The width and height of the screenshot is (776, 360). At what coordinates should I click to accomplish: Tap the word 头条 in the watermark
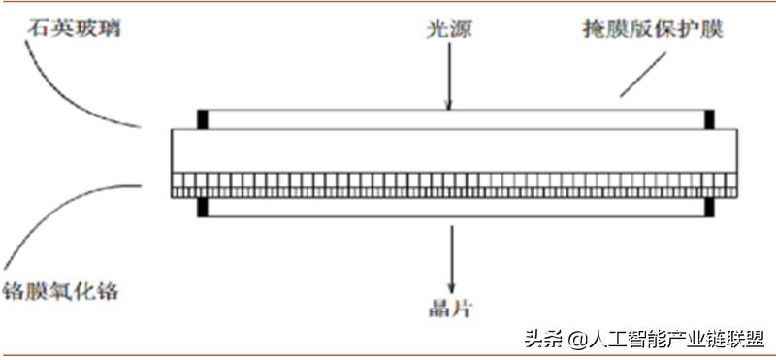(x=543, y=339)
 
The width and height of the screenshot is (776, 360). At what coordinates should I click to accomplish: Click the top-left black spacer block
(x=203, y=119)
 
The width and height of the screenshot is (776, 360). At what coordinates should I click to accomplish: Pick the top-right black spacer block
(x=709, y=119)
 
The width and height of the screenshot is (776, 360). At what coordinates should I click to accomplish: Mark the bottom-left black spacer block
(x=203, y=207)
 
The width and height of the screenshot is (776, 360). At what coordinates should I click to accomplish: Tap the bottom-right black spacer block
(x=709, y=207)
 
